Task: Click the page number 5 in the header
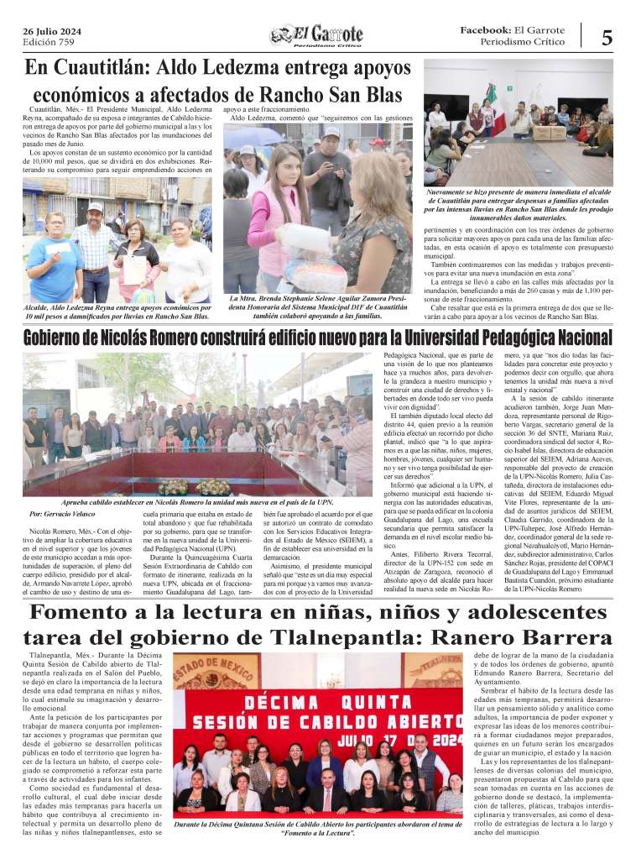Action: (606, 36)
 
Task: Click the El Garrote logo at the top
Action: (316, 35)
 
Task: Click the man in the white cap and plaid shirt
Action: (96, 244)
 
